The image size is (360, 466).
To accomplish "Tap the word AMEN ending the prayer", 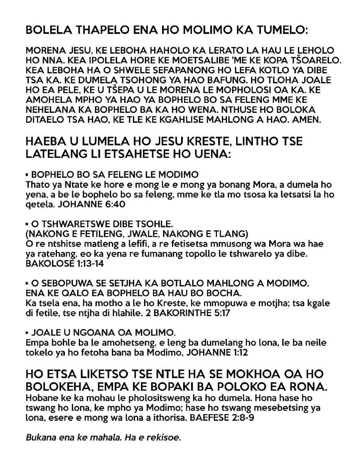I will pyautogui.click(x=307, y=120).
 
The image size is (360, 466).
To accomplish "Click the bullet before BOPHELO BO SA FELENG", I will pyautogui.click(x=27, y=175).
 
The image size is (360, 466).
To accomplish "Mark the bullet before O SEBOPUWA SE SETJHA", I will pyautogui.click(x=27, y=283).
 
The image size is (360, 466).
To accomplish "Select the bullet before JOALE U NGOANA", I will pyautogui.click(x=27, y=332).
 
